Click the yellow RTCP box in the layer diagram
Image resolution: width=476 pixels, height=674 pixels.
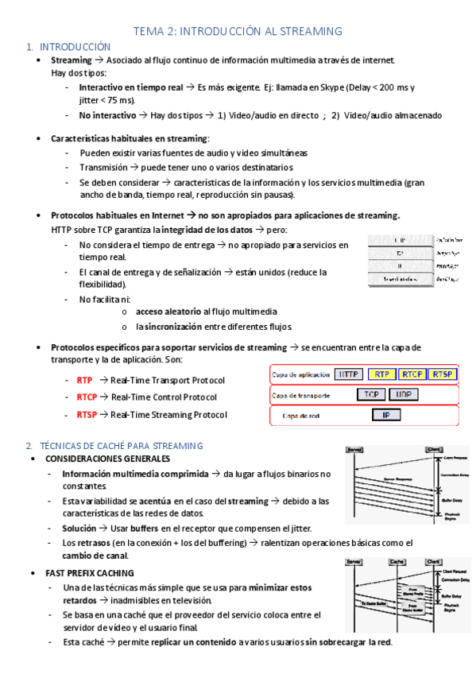(x=412, y=374)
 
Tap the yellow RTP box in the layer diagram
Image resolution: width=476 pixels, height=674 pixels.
(x=382, y=374)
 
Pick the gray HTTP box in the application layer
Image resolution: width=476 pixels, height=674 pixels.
(x=350, y=374)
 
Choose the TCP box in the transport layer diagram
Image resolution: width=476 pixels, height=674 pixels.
(x=370, y=394)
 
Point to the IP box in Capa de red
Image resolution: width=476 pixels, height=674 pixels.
(x=386, y=415)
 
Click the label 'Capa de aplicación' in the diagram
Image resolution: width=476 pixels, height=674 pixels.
(x=300, y=374)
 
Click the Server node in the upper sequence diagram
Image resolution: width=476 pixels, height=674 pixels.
(x=354, y=451)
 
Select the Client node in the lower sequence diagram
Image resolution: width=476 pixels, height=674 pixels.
(x=434, y=562)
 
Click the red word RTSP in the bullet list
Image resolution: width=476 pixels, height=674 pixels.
(x=87, y=415)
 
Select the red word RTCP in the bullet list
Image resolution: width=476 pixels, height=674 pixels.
(x=87, y=397)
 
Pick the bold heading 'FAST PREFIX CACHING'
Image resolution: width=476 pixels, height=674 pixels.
(x=90, y=573)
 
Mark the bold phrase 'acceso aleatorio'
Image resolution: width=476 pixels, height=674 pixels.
(x=168, y=312)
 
